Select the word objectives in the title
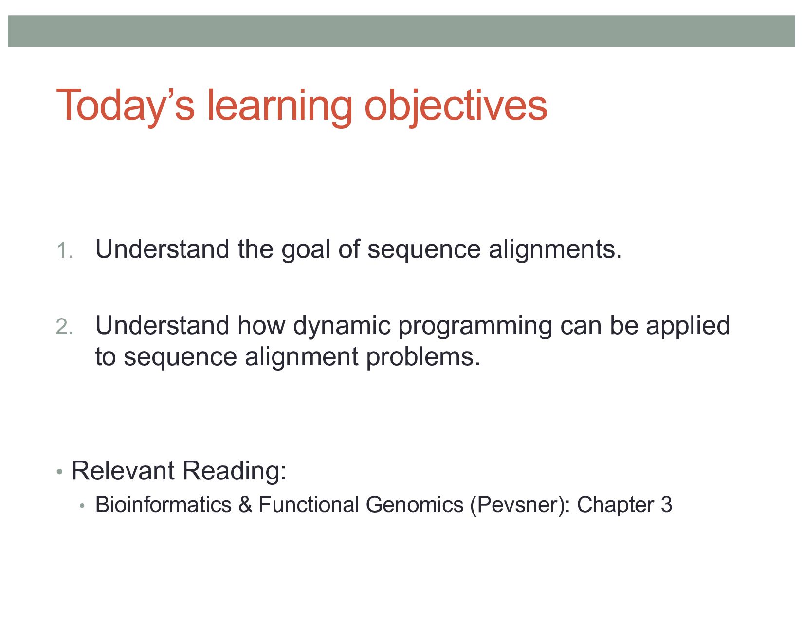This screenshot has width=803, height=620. (x=456, y=106)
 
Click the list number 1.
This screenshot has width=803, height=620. (x=64, y=251)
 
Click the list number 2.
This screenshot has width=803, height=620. (x=64, y=327)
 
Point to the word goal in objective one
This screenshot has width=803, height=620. (x=306, y=250)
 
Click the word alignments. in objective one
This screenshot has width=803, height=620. (x=555, y=250)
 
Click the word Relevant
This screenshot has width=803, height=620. (x=123, y=471)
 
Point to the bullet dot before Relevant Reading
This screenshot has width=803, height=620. (x=59, y=472)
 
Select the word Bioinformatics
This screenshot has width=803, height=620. (x=163, y=505)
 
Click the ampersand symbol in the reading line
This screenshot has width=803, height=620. (x=245, y=505)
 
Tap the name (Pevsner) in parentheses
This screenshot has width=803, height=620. (x=520, y=505)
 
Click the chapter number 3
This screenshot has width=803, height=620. (x=666, y=505)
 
